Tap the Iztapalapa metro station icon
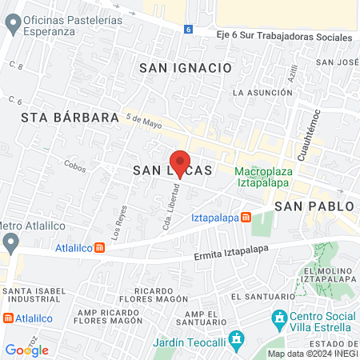click(x=246, y=218)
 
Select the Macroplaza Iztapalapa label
click(x=264, y=178)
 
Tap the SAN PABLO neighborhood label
click(x=314, y=206)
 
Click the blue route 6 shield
click(x=188, y=29)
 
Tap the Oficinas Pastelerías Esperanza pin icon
click(x=12, y=25)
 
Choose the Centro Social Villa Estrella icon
click(x=279, y=319)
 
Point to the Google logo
click(x=26, y=350)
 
